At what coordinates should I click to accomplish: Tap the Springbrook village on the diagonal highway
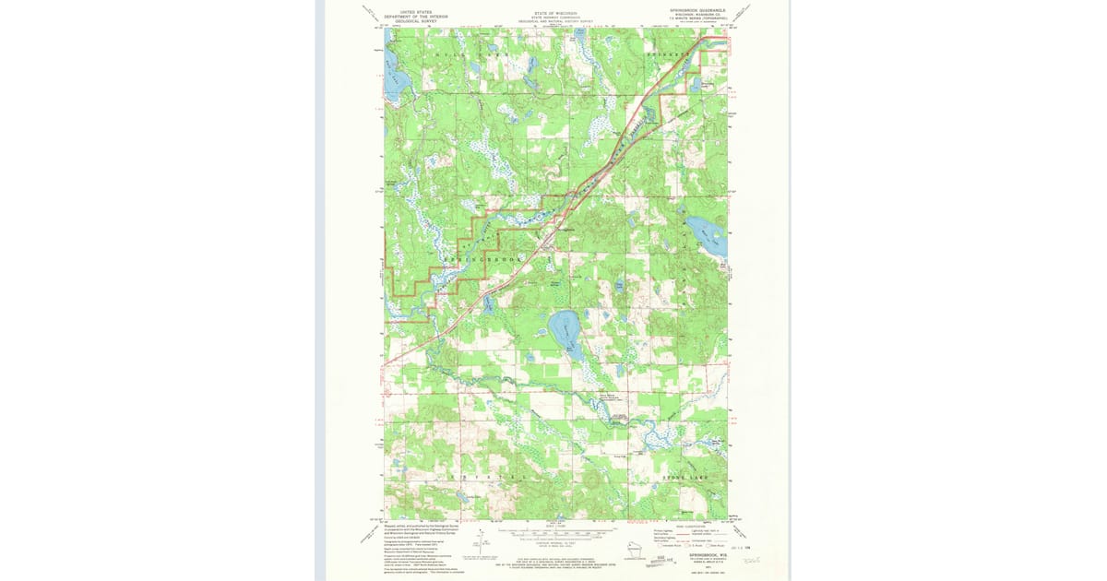click(551, 242)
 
